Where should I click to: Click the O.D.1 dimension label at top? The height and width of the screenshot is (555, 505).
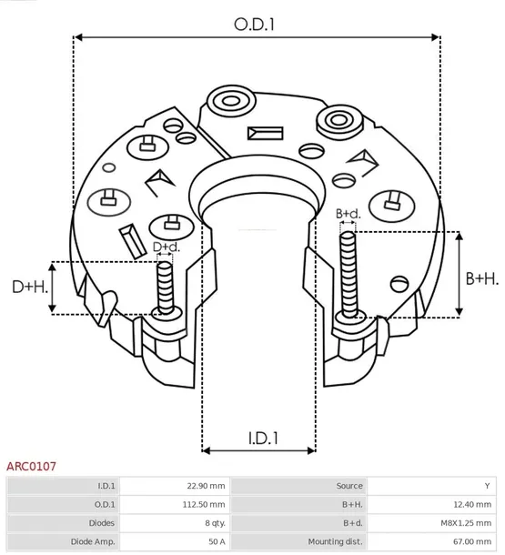256,25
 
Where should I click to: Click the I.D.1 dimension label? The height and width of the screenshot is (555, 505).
262,438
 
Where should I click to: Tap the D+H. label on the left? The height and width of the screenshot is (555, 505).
30,287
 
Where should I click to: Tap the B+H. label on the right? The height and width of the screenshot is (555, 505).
482,278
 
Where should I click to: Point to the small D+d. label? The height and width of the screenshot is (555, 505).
166,247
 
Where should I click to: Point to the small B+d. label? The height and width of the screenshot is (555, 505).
348,214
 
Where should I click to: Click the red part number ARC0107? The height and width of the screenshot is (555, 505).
32,466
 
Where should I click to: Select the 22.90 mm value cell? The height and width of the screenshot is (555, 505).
205,486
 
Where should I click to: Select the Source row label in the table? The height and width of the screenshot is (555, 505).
349,486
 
